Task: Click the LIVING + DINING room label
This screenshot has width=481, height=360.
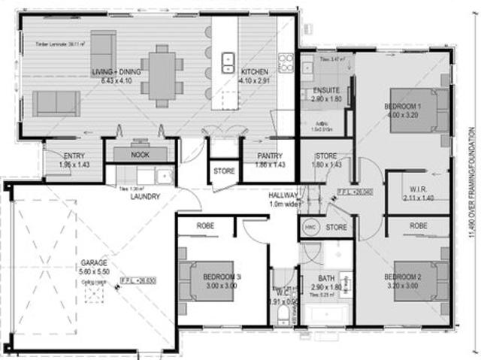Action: (x=116, y=71)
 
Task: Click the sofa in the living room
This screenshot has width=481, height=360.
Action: (x=56, y=102)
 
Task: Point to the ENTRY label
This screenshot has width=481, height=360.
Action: (x=73, y=155)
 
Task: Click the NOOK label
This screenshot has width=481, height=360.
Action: (x=140, y=154)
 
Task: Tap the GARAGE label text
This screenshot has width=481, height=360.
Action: (x=94, y=264)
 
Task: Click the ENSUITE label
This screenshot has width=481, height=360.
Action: (x=325, y=91)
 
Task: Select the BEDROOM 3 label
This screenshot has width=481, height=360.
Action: (x=222, y=276)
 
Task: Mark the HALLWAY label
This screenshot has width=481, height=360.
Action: (x=284, y=195)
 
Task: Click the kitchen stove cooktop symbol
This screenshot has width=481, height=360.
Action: (x=286, y=62)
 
